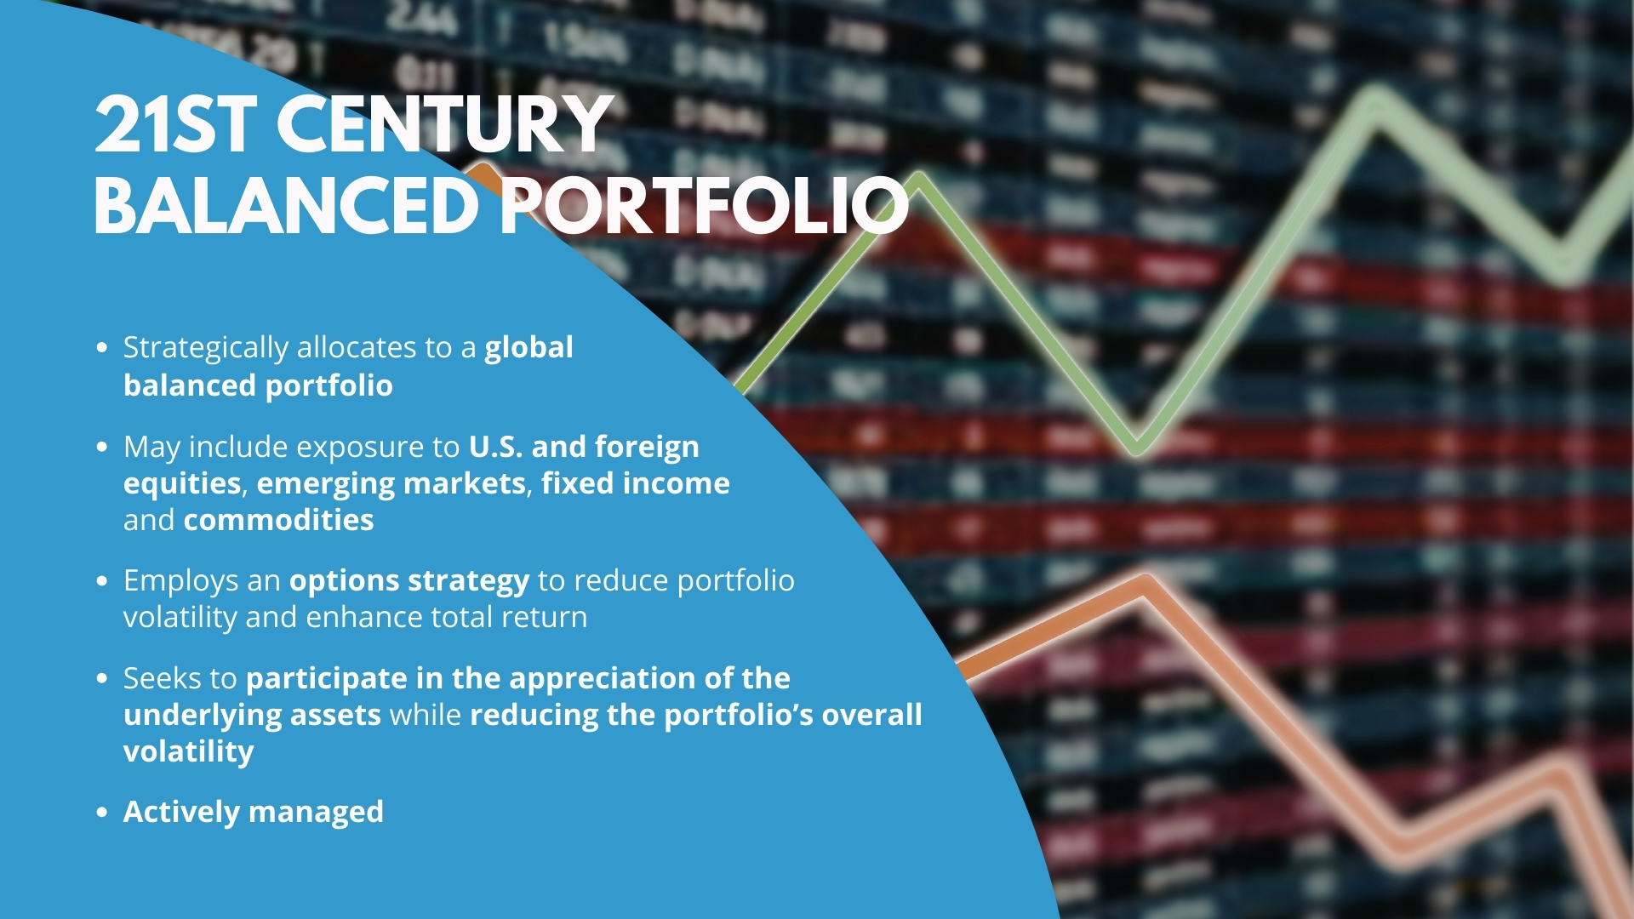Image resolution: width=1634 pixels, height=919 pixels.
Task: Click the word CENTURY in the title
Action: click(444, 125)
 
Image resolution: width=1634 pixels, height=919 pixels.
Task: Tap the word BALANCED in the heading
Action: click(287, 206)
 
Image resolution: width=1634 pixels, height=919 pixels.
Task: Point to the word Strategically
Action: click(206, 349)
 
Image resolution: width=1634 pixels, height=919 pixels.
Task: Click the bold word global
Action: click(528, 347)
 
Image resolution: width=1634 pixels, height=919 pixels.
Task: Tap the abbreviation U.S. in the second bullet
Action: click(495, 447)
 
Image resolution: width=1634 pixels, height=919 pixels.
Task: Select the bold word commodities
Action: click(278, 520)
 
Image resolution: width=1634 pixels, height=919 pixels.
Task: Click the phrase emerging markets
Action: click(391, 484)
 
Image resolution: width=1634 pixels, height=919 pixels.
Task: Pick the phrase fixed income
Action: click(636, 483)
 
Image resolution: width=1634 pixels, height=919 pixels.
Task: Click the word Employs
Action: click(181, 581)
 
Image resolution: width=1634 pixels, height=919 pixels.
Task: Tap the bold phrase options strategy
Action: click(409, 581)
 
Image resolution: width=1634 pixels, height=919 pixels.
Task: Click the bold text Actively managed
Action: click(254, 813)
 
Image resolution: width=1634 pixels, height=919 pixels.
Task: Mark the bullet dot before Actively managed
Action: click(102, 812)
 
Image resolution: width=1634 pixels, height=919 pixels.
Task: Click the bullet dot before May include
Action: click(102, 447)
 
